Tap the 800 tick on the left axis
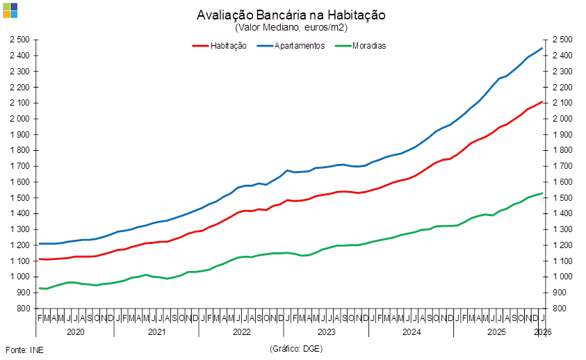coord(22,309)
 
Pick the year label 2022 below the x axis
coord(241,332)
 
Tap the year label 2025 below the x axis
coord(496,332)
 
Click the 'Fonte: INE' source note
coord(24,349)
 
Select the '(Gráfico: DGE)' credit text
coord(295,348)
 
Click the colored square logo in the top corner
coord(10,10)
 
